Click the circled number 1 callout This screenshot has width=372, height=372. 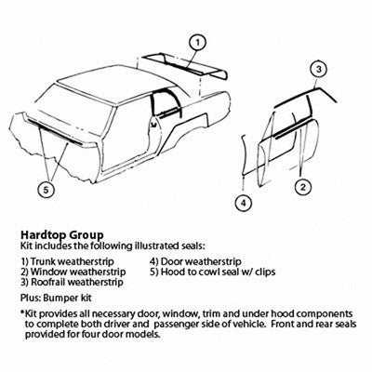point(198,43)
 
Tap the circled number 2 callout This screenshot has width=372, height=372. point(303,187)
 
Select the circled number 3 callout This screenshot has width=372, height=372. point(319,70)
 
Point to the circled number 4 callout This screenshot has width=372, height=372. point(244,204)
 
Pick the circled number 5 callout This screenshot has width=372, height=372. point(46,190)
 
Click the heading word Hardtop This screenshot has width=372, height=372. point(44,235)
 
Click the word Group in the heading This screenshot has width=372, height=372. point(87,235)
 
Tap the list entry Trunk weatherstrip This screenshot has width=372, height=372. point(67,261)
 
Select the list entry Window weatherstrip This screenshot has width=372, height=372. point(73,272)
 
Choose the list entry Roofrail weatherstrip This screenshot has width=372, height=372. point(72,282)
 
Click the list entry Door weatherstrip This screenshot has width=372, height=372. point(195,261)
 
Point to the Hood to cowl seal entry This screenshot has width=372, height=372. point(213,272)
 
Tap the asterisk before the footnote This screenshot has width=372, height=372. point(22,312)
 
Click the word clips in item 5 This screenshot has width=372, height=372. point(266,272)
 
